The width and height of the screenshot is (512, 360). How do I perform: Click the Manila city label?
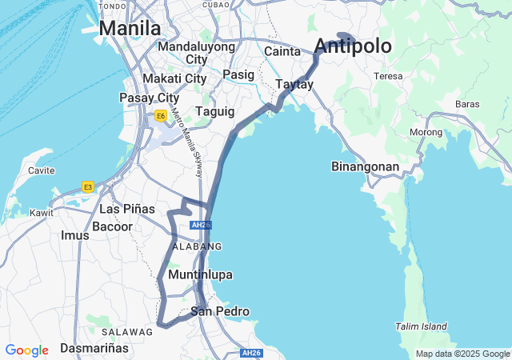pyautogui.click(x=130, y=29)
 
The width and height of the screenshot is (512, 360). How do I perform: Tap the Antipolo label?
pyautogui.click(x=353, y=46)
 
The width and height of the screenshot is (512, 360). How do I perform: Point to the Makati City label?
pyautogui.click(x=174, y=78)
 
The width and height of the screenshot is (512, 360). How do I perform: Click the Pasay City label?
pyautogui.click(x=149, y=98)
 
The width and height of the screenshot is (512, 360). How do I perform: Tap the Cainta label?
pyautogui.click(x=282, y=52)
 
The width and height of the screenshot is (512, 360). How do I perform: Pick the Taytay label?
pyautogui.click(x=294, y=84)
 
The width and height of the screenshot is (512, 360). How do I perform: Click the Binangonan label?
pyautogui.click(x=365, y=166)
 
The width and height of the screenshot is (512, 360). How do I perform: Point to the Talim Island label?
pyautogui.click(x=422, y=326)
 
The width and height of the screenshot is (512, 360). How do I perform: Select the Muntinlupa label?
pyautogui.click(x=200, y=274)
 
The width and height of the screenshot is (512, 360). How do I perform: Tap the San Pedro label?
pyautogui.click(x=220, y=311)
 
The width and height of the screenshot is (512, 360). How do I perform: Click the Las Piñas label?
pyautogui.click(x=127, y=209)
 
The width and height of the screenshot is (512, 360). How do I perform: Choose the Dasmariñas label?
pyautogui.click(x=94, y=349)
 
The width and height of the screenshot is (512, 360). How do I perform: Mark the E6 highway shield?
pyautogui.click(x=161, y=116)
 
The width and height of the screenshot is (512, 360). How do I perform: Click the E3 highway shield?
pyautogui.click(x=88, y=187)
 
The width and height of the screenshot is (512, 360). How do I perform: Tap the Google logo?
pyautogui.click(x=26, y=350)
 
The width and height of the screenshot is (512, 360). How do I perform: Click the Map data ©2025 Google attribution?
pyautogui.click(x=462, y=354)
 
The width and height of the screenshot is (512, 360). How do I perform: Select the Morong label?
pyautogui.click(x=426, y=132)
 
